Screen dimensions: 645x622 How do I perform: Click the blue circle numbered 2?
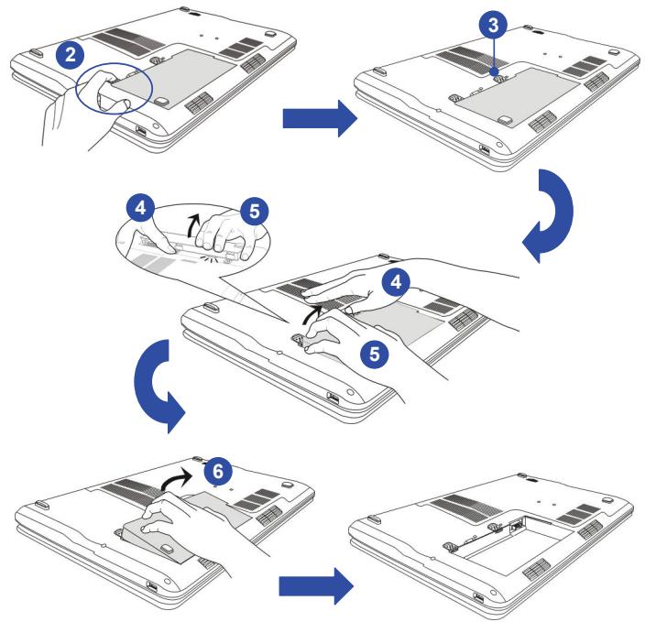[x=71, y=55]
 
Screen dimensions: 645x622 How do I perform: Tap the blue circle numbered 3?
[x=493, y=25]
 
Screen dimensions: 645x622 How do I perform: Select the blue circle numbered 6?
[x=218, y=471]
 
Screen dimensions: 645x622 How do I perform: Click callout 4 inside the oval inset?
[x=140, y=208]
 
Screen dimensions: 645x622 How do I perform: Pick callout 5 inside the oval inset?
[x=254, y=211]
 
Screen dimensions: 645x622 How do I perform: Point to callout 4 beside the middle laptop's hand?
[x=396, y=282]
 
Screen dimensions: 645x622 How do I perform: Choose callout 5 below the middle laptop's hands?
[x=375, y=354]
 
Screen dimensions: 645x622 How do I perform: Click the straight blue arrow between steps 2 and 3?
[x=320, y=118]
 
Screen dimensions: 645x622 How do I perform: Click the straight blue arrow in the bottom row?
[x=316, y=585]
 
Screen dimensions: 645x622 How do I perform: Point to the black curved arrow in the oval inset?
[x=191, y=224]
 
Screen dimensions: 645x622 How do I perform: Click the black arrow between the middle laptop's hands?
[x=310, y=313]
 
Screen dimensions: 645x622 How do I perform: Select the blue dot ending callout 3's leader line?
[x=495, y=72]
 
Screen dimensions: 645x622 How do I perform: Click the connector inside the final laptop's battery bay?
[x=516, y=526]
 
